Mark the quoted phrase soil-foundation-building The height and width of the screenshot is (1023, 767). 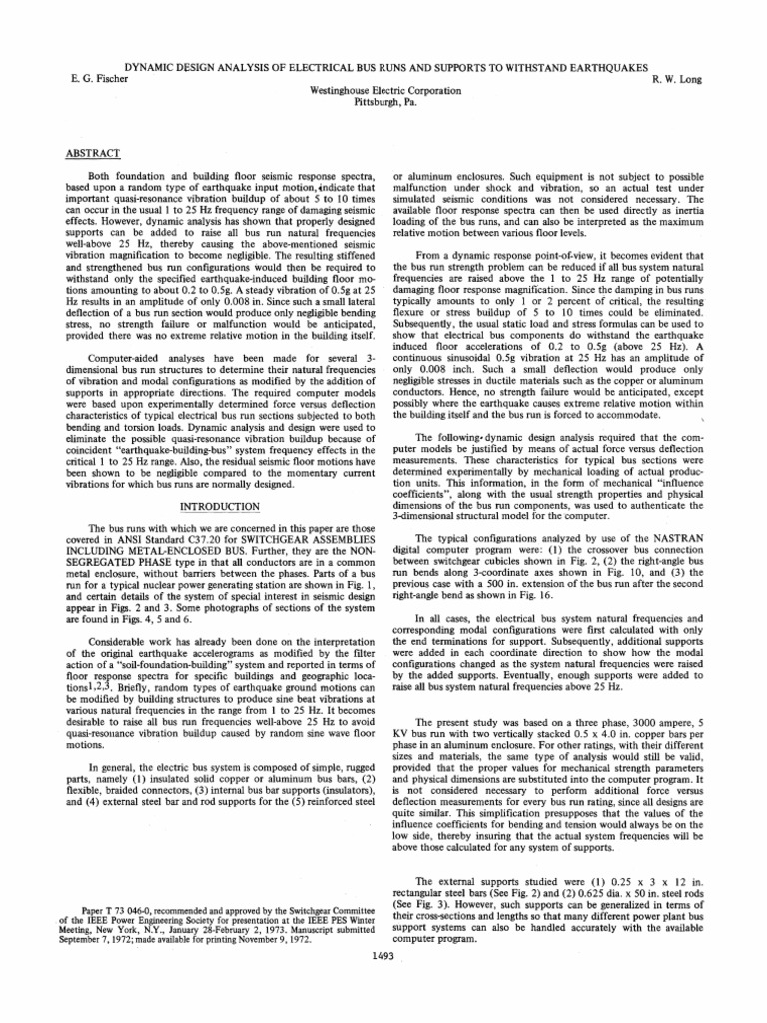pos(174,625)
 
